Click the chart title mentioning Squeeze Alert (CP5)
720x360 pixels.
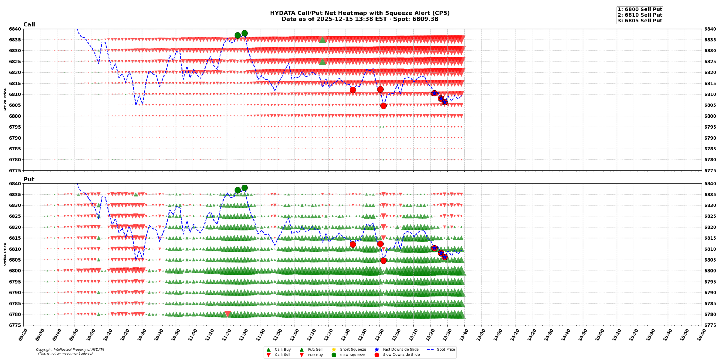(359, 13)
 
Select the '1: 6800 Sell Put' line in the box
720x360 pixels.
(640, 9)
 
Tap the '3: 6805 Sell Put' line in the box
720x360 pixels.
(640, 21)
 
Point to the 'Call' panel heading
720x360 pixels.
(29, 25)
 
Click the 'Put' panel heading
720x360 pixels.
(29, 179)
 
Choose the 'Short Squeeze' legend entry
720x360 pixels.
(353, 350)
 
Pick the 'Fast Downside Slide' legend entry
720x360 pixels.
(400, 350)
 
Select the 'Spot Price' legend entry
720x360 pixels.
(445, 350)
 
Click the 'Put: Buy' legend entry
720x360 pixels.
(315, 355)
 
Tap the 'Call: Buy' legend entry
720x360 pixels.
(282, 350)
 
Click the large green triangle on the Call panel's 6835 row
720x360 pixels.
(323, 40)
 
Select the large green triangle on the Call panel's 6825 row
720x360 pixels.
(323, 61)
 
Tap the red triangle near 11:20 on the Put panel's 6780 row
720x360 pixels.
(228, 314)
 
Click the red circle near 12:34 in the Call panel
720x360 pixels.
(353, 90)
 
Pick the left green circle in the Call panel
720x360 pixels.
(238, 35)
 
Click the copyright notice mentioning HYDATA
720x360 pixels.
(70, 352)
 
